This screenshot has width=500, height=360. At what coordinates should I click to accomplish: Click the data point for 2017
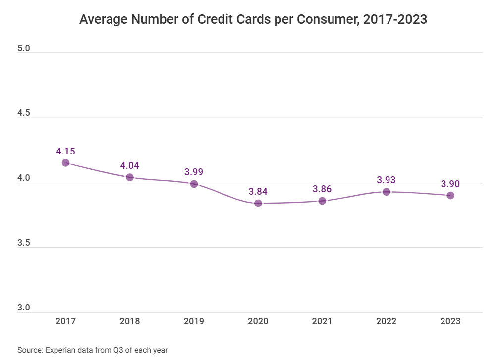65,163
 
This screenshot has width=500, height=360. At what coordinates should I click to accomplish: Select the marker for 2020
258,203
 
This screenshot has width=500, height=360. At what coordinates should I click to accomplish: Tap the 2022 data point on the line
386,192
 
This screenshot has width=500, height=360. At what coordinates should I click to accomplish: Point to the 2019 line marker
194,184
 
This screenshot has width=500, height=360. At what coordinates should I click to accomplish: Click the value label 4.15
65,151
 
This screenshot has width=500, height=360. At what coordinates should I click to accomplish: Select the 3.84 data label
258,192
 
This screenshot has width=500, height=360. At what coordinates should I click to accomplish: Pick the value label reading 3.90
450,184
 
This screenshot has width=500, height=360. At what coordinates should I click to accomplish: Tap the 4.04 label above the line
129,165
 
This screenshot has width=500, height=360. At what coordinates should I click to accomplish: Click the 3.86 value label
322,189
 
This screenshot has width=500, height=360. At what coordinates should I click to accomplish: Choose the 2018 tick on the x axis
129,321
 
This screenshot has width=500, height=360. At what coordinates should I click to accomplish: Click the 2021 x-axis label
322,321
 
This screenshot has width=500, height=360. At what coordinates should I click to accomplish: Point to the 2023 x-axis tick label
450,321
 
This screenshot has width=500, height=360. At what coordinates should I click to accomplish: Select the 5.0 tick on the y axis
24,49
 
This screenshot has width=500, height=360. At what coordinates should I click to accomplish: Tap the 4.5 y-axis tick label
24,113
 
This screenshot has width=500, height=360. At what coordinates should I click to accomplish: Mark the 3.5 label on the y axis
24,243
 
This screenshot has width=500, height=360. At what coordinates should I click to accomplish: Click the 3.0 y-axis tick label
24,308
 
